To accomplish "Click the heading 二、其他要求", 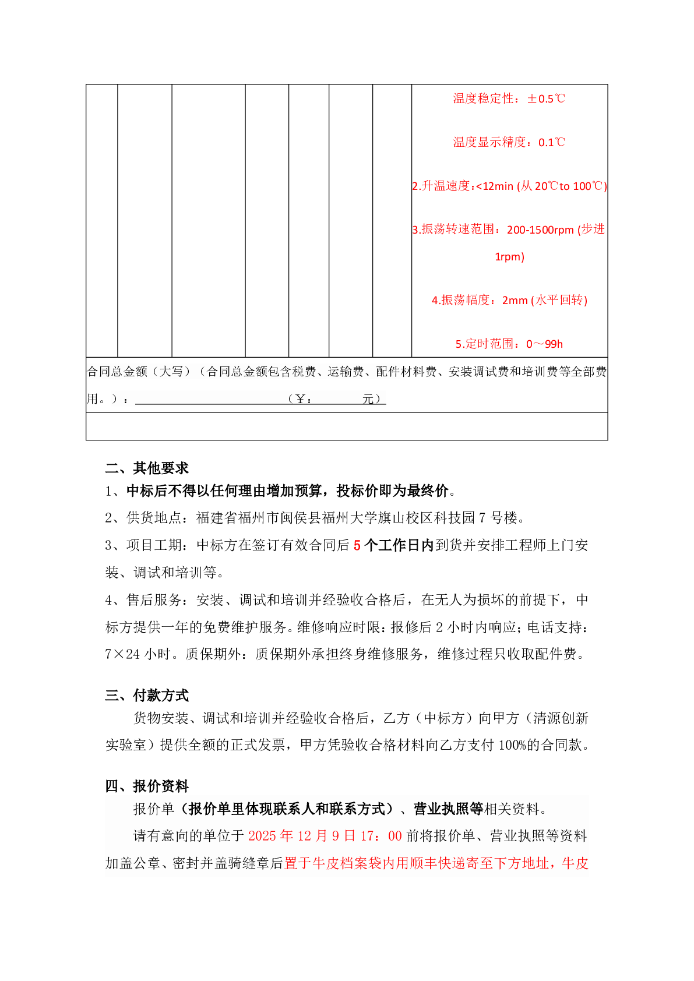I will pyautogui.click(x=147, y=468).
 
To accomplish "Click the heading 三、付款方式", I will pyautogui.click(x=147, y=695).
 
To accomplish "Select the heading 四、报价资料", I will pyautogui.click(x=147, y=786).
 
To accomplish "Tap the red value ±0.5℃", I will pyautogui.click(x=546, y=99).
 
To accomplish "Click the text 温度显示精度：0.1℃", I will pyautogui.click(x=509, y=143).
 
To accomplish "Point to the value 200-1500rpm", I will pyautogui.click(x=540, y=230).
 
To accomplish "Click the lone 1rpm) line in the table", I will pyautogui.click(x=509, y=257).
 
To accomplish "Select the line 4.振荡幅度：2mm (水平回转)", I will pyautogui.click(x=509, y=301).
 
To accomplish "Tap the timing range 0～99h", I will pyautogui.click(x=544, y=344).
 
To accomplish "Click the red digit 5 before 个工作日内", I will pyautogui.click(x=357, y=546).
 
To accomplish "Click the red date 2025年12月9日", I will pyautogui.click(x=302, y=836).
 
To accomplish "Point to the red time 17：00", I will pyautogui.click(x=381, y=836).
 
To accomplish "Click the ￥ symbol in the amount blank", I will pyautogui.click(x=301, y=399).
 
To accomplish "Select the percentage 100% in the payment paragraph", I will pyautogui.click(x=512, y=745).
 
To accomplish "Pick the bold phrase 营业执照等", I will pyautogui.click(x=448, y=809).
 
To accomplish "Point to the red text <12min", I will pyautogui.click(x=495, y=186).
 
